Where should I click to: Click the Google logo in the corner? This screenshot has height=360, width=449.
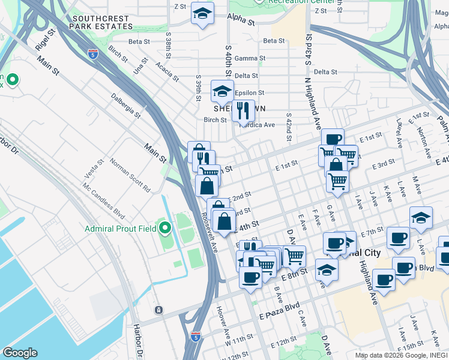click(x=20, y=352)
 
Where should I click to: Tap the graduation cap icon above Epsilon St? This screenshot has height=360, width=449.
click(x=222, y=92)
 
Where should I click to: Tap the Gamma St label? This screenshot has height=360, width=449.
click(x=250, y=58)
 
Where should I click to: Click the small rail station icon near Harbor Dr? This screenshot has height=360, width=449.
click(x=158, y=310)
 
